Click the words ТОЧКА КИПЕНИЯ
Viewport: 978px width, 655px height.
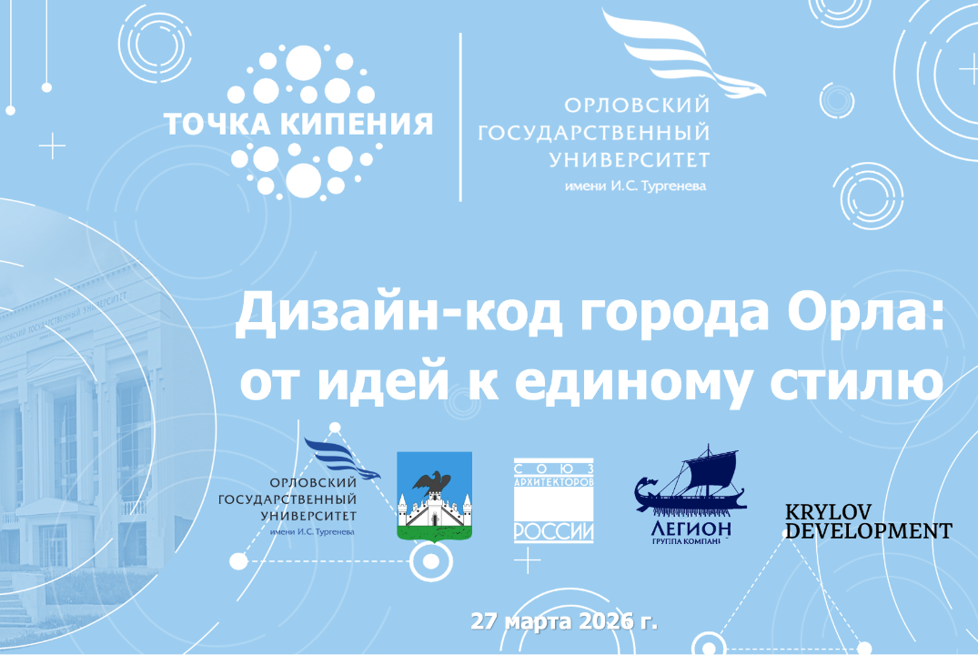click(297, 123)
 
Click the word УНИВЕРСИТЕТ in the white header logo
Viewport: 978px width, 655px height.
click(629, 160)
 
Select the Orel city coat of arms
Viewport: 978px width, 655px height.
click(435, 496)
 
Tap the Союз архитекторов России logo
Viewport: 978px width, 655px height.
click(553, 500)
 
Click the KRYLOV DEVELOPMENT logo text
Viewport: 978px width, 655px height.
click(868, 520)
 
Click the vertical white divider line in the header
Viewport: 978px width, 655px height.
click(459, 116)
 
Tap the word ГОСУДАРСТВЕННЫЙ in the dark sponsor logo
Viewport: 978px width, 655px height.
click(287, 499)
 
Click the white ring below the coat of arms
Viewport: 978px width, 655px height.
click(425, 562)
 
